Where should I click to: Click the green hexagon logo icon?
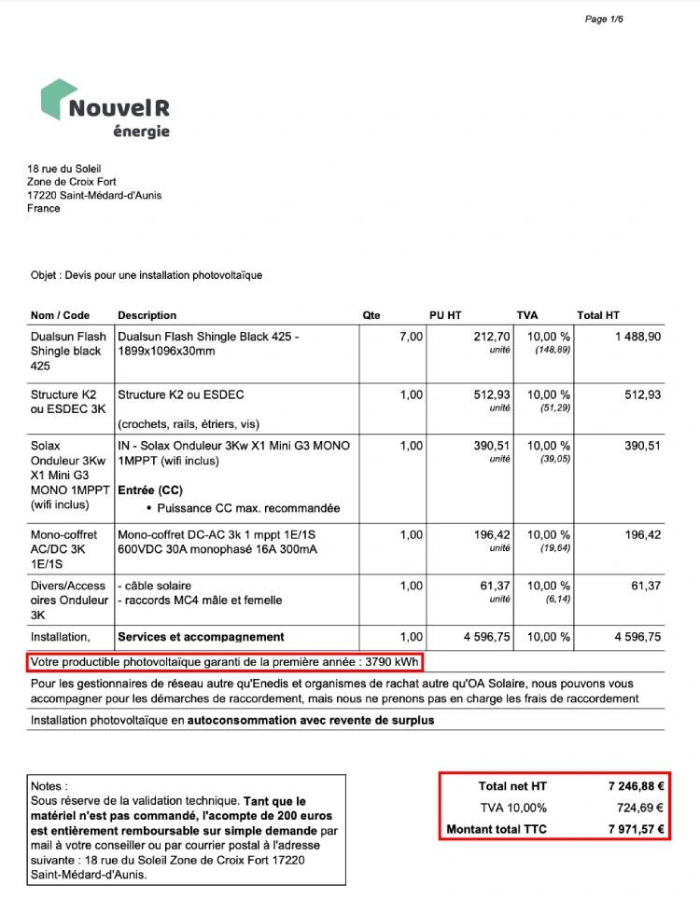(x=59, y=99)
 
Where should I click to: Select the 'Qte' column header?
(x=371, y=315)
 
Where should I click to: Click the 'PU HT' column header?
(x=445, y=315)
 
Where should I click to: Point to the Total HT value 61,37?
(x=646, y=586)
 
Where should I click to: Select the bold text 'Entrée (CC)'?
(x=150, y=490)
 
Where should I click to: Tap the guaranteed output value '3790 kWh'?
(x=393, y=662)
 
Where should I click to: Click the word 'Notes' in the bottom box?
(x=49, y=787)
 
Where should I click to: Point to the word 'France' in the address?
(x=44, y=208)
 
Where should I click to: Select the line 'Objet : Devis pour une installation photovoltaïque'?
(x=147, y=275)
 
